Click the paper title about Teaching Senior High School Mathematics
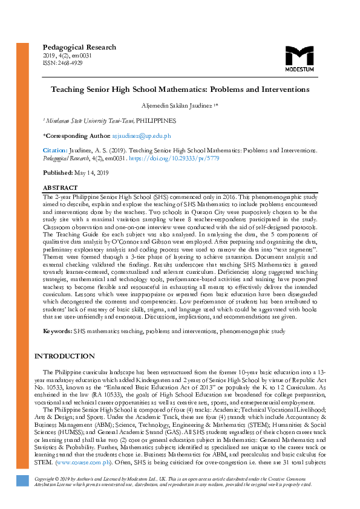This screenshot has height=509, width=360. (180, 89)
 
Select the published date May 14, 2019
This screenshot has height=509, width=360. (94, 173)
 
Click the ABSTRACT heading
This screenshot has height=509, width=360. (61, 188)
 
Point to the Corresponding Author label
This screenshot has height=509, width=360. (77, 137)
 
